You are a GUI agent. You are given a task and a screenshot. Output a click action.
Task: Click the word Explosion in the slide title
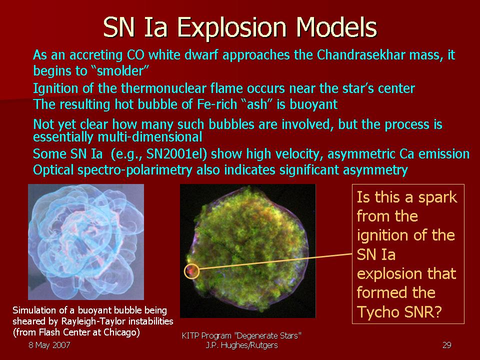click(231, 28)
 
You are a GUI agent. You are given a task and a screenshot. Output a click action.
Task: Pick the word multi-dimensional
click(149, 137)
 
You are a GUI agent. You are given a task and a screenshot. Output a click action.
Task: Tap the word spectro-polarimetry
click(134, 170)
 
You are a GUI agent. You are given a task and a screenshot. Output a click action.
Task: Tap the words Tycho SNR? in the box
click(399, 312)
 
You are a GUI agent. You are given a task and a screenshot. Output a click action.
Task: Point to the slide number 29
click(446, 345)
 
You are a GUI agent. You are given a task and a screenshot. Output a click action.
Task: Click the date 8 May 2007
click(49, 345)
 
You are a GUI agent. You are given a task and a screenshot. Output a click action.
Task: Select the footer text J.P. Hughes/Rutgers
click(241, 345)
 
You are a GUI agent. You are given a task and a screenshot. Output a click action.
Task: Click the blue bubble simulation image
click(86, 242)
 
